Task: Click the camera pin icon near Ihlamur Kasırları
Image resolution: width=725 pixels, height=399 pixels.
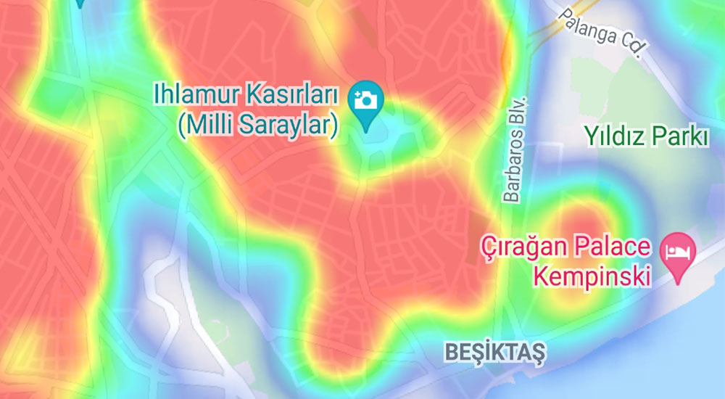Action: pos(367,101)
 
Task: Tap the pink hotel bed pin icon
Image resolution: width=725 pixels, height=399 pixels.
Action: pos(679,255)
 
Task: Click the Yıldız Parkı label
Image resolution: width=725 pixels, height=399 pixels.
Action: pos(647,136)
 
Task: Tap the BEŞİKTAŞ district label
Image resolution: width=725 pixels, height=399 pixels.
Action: pos(495,353)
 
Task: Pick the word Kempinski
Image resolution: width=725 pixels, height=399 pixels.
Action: pos(590,275)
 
